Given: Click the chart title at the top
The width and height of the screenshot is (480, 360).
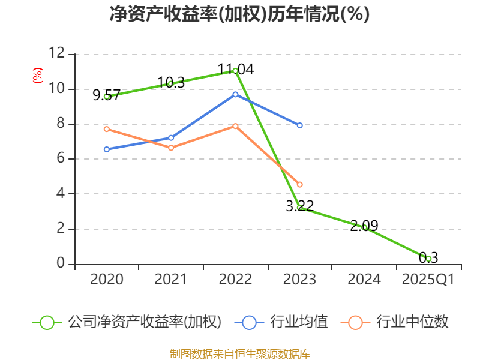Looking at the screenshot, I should [239, 14].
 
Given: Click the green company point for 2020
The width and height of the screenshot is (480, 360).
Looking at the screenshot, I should [107, 96].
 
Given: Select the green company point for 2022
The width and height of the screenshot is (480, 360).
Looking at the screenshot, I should [235, 71].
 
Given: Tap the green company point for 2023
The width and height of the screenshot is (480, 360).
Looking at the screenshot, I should [300, 208].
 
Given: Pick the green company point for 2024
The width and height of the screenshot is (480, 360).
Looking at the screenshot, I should [364, 227].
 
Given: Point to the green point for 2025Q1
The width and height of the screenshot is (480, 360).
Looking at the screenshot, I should [428, 259].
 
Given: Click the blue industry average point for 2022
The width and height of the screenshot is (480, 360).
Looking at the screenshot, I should [235, 94].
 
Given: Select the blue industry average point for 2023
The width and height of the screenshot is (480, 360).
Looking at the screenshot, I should [300, 125].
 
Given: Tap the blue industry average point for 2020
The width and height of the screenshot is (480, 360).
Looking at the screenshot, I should [107, 149].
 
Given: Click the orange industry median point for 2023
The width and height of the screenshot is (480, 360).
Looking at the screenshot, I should [300, 184].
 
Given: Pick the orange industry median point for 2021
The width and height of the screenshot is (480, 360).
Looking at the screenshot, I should [171, 148].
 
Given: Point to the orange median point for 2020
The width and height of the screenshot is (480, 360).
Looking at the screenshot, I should [107, 129].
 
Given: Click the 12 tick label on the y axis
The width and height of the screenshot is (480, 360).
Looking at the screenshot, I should [56, 53].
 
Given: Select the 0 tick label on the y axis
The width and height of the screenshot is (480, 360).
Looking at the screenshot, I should [61, 263].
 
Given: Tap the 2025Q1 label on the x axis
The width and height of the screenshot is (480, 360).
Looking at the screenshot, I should [428, 280].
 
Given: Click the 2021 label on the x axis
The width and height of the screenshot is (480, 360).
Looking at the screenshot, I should [171, 280].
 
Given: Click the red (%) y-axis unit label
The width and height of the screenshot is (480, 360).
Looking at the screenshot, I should [38, 76].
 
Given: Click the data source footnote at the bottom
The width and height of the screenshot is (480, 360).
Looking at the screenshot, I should [239, 353].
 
